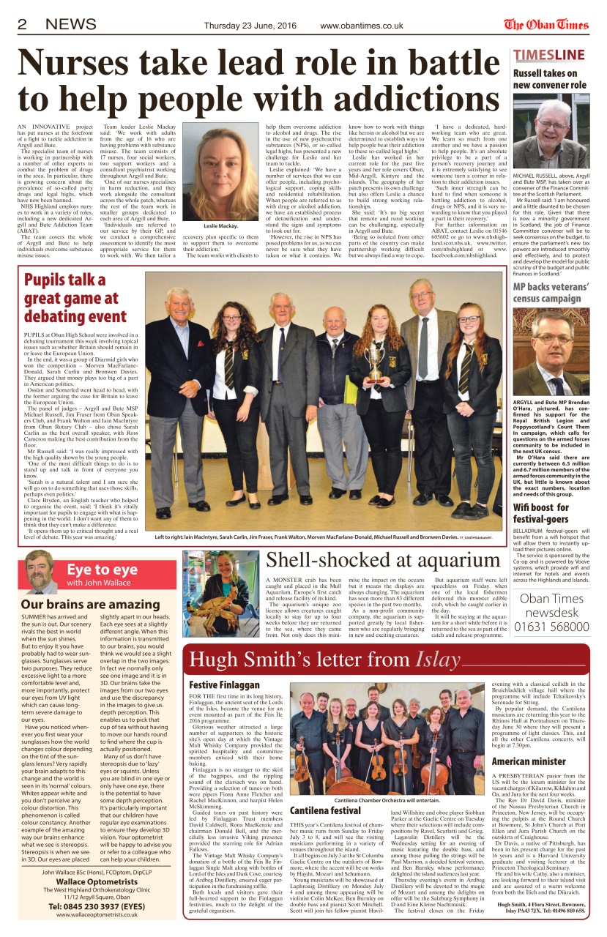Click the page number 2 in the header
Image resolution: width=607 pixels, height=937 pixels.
click(22, 25)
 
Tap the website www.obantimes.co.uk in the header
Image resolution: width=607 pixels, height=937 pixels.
click(362, 26)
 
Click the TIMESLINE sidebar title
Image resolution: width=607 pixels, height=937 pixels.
click(548, 56)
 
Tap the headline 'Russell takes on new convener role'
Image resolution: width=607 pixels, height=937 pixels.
click(549, 79)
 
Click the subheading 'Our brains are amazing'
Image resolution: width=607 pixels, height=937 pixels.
click(90, 605)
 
